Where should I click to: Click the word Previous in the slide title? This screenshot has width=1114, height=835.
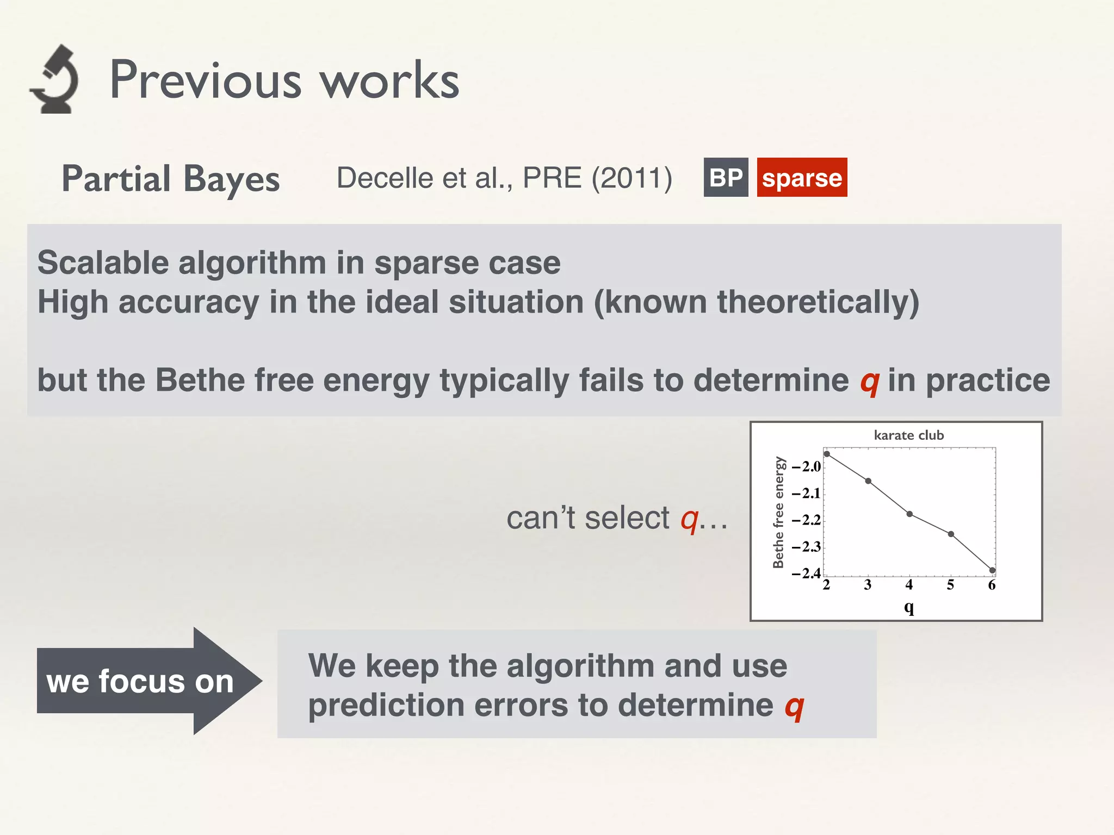[x=205, y=80]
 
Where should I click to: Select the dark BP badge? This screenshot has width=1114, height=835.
[x=726, y=178]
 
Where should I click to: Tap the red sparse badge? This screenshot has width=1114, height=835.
[x=802, y=178]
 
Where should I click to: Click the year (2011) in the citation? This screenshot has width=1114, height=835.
[x=632, y=178]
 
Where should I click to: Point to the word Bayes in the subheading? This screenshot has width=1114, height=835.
[x=232, y=179]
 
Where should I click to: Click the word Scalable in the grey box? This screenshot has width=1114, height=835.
[x=103, y=263]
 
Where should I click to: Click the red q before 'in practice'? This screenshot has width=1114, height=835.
[x=869, y=382]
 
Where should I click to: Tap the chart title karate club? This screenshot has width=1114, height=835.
[x=908, y=435]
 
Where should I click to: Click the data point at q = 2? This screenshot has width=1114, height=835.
[x=827, y=454]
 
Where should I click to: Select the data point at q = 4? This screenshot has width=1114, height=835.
[x=909, y=514]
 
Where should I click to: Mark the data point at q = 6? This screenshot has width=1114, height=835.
[x=992, y=570]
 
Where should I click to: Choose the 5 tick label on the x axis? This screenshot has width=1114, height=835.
[x=950, y=585]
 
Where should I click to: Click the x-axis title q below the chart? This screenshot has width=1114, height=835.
[x=908, y=607]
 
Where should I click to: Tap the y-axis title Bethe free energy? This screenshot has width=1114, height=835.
[x=779, y=512]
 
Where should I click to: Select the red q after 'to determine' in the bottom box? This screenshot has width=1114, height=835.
[x=794, y=707]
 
